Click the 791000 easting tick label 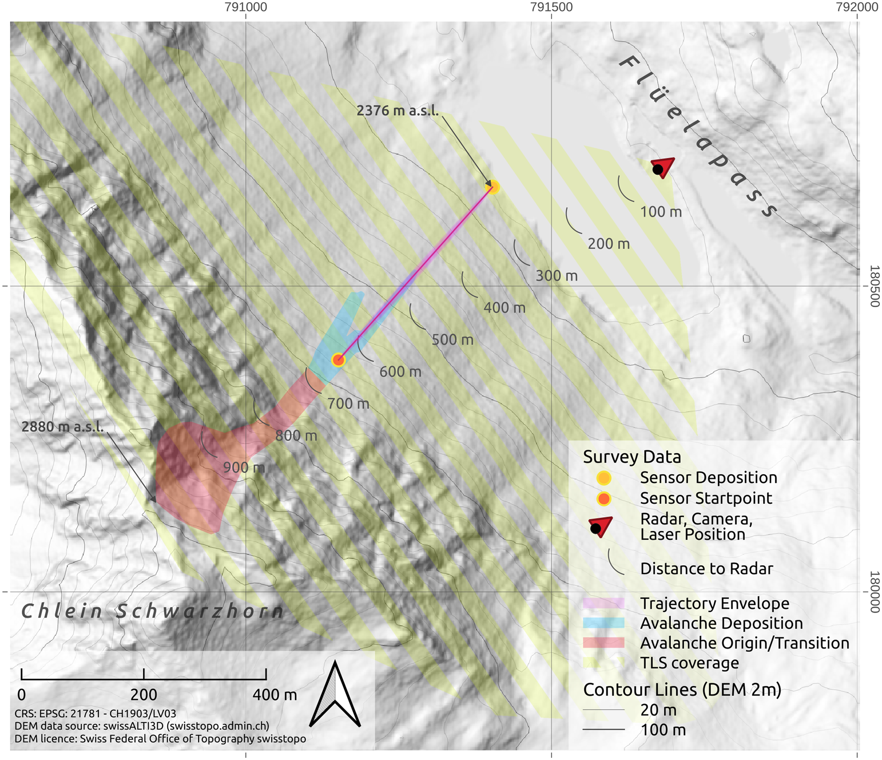pyautogui.click(x=246, y=7)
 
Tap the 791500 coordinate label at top pyautogui.click(x=551, y=7)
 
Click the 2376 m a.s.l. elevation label pyautogui.click(x=397, y=111)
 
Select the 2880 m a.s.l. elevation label pyautogui.click(x=63, y=427)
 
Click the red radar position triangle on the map pyautogui.click(x=662, y=167)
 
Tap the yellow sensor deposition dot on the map pyautogui.click(x=493, y=187)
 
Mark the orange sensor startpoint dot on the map pyautogui.click(x=338, y=360)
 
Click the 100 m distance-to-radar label pyautogui.click(x=660, y=212)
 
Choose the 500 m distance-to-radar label pyautogui.click(x=452, y=340)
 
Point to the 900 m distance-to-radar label pyautogui.click(x=243, y=468)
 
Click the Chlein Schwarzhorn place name pyautogui.click(x=152, y=611)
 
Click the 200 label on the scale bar pyautogui.click(x=143, y=695)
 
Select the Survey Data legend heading pyautogui.click(x=632, y=457)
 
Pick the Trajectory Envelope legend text pyautogui.click(x=714, y=603)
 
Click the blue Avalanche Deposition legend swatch pyautogui.click(x=603, y=623)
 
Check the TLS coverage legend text pyautogui.click(x=689, y=663)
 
